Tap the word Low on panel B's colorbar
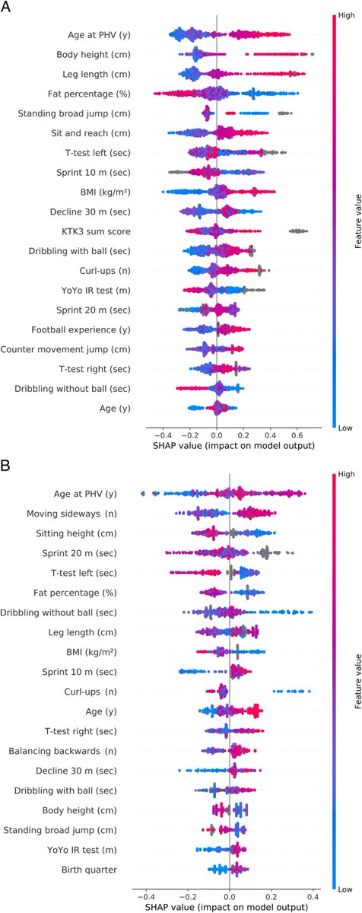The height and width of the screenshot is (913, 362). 345,889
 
